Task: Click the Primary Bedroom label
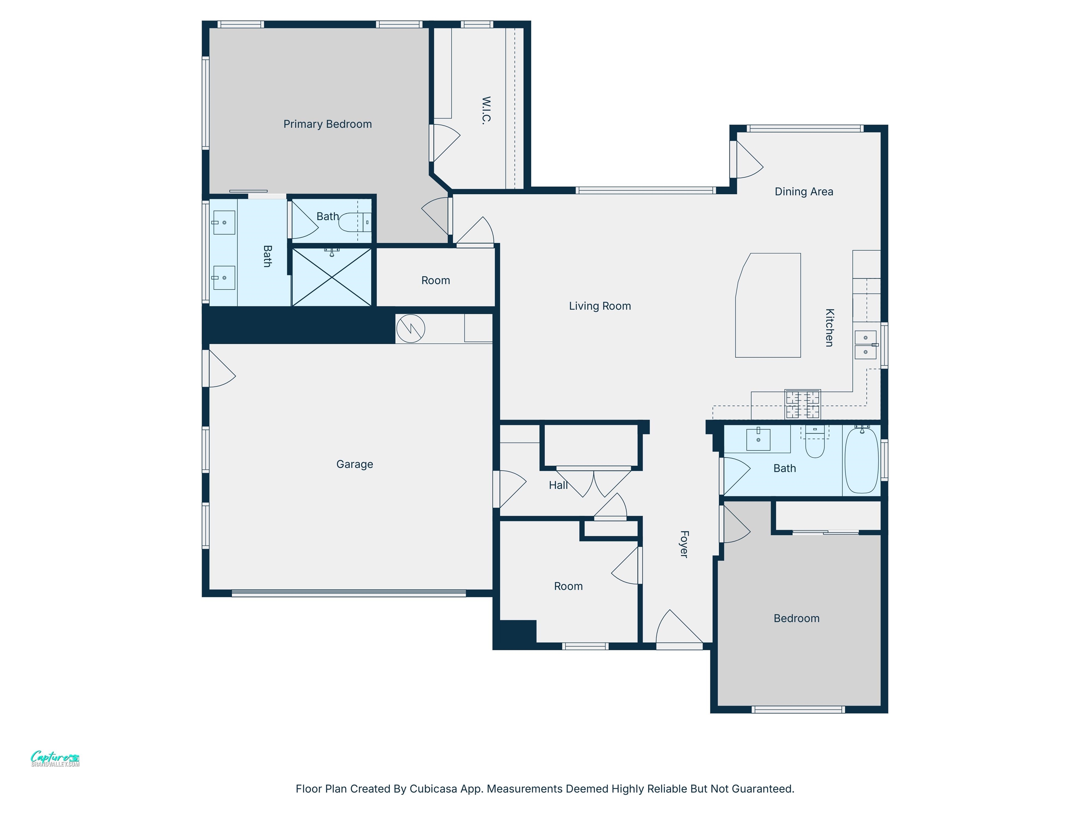[327, 124]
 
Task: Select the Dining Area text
[804, 191]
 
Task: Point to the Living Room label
[600, 306]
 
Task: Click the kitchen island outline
[768, 305]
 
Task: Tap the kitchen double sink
[866, 345]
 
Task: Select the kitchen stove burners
[803, 404]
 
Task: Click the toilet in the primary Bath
[351, 222]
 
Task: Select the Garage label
[354, 464]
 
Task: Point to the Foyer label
[683, 544]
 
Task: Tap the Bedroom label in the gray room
[796, 618]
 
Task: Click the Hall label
[558, 485]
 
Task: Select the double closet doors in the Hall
[594, 483]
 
